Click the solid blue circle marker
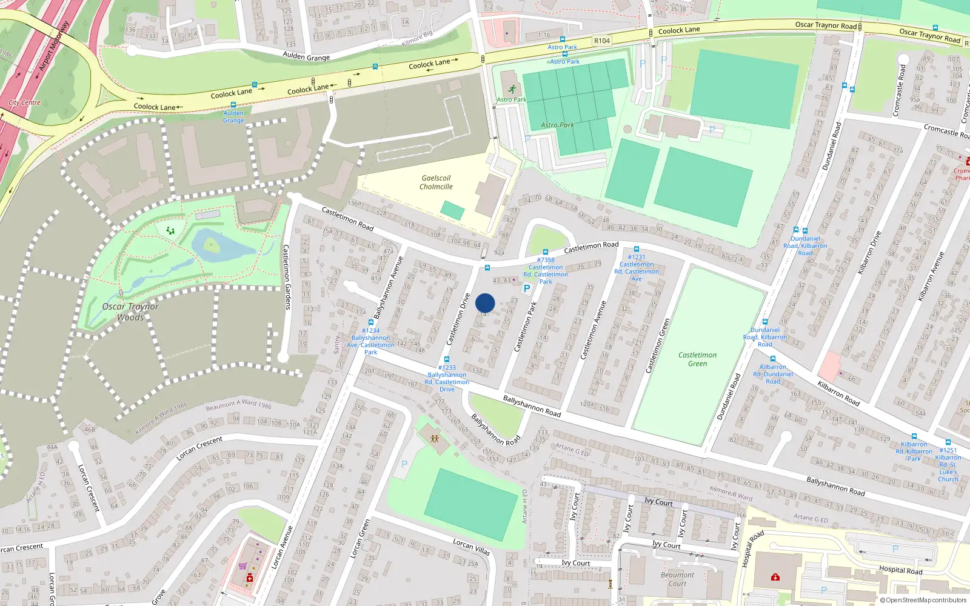point(485,303)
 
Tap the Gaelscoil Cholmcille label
point(436,182)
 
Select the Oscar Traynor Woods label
point(130,311)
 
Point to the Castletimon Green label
point(697,359)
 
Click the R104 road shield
point(602,41)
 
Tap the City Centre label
point(25,102)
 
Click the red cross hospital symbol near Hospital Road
point(775,577)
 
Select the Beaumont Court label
point(677,579)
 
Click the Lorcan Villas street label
point(471,547)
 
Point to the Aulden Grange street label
point(306,56)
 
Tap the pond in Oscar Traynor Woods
point(218,245)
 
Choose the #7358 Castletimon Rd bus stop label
point(546,271)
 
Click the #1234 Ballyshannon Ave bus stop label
point(370,341)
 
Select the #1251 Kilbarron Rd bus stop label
point(948,464)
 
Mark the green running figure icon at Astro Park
point(512,90)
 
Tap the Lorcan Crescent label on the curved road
point(199,448)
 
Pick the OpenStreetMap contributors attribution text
point(926,600)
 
